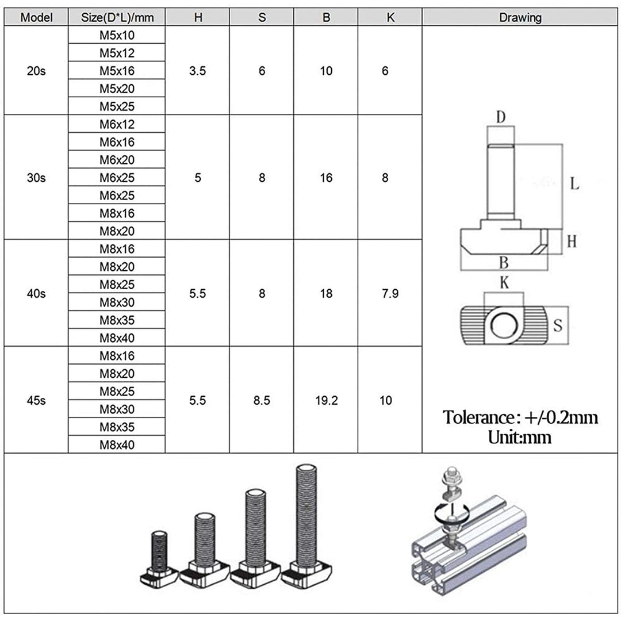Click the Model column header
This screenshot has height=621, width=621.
tap(36, 17)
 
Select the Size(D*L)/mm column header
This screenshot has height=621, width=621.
tap(117, 17)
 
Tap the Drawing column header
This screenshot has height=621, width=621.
tap(520, 17)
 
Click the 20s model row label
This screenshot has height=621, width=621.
tap(36, 71)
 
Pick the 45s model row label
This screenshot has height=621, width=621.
tap(36, 400)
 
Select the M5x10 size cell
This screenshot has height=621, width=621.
tap(117, 35)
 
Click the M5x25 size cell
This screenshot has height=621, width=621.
tap(117, 106)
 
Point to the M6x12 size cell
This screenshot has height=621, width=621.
tap(117, 124)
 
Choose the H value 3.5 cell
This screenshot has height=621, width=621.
tap(198, 71)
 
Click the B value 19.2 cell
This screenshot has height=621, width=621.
tap(326, 400)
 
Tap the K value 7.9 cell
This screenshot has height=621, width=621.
tap(390, 293)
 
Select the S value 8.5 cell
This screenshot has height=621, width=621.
tap(262, 400)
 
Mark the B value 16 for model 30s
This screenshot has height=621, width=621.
tap(326, 178)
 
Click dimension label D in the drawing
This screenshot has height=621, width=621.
tap(501, 117)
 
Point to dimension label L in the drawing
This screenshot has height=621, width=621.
tap(574, 184)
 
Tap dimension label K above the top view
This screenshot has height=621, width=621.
tap(504, 283)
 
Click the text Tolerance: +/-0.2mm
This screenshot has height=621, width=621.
tap(520, 417)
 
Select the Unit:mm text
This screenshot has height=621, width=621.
tap(520, 437)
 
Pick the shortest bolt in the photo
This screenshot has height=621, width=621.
tap(159, 558)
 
